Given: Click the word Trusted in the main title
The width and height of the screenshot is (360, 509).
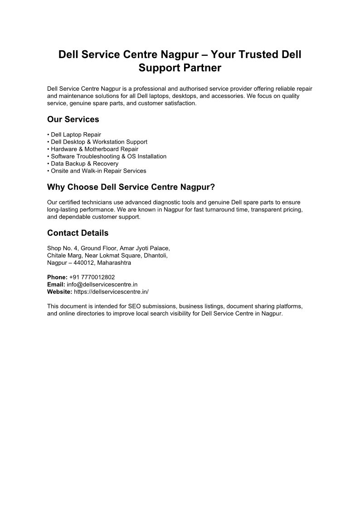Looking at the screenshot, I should [x=256, y=55].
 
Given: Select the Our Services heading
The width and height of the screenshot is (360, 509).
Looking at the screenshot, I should [x=73, y=120].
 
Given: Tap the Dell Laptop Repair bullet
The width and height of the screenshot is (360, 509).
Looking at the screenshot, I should [x=76, y=135].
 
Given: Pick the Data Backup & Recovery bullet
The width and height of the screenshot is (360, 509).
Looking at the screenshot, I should [x=84, y=164].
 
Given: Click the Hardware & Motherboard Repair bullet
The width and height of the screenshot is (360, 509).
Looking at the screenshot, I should [x=94, y=149].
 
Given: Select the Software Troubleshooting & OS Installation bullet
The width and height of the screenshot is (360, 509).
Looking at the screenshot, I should [x=108, y=156].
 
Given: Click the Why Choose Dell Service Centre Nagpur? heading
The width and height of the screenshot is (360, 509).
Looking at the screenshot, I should [x=131, y=187].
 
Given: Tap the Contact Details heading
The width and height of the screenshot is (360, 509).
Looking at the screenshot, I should [x=78, y=233].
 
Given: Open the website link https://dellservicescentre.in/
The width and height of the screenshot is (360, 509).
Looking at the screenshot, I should [x=111, y=291].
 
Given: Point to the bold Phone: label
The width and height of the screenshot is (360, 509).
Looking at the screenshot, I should [x=57, y=277].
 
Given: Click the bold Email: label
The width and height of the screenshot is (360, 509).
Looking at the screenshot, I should [x=56, y=284].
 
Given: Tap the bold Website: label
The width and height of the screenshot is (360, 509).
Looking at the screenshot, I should [x=59, y=291].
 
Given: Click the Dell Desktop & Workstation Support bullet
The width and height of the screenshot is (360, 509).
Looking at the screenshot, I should [x=99, y=142].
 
